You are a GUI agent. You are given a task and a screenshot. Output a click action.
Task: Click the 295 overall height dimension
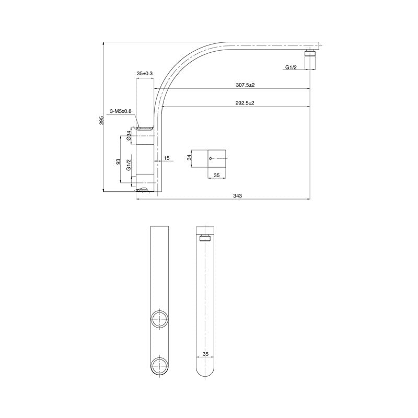click(102, 120)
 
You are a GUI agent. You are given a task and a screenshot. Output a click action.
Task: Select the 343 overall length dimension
click(237, 195)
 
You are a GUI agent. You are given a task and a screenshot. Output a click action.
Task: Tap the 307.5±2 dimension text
click(245, 85)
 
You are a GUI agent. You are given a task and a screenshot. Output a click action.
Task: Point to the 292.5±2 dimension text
click(245, 103)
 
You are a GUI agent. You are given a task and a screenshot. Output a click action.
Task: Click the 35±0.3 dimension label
click(145, 74)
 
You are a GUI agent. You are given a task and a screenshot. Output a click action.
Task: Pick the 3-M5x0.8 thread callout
click(121, 111)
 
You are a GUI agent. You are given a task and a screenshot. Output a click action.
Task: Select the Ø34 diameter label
click(129, 138)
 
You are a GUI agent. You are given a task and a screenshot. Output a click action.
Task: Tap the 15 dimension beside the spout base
click(167, 158)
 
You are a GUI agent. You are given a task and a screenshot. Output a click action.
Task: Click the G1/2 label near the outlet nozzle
click(292, 67)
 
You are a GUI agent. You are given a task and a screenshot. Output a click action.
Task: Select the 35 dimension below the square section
click(217, 176)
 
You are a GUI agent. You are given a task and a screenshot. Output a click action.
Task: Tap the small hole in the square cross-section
click(211, 158)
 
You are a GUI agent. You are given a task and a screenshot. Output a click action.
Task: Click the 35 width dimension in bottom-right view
click(206, 354)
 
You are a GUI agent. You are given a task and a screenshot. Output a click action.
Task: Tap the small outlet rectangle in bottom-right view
click(206, 239)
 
